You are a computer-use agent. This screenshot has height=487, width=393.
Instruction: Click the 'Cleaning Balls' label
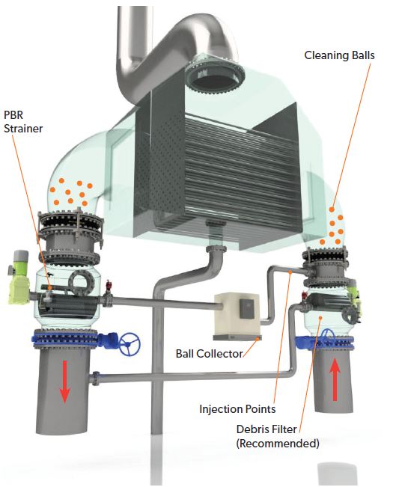339,55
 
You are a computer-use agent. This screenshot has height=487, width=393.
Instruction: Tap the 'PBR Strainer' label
23,121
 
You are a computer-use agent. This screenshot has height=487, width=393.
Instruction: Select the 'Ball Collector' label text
209,353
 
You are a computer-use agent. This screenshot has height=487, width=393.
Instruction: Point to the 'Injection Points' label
237,408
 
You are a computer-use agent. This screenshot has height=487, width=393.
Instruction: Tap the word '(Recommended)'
278,443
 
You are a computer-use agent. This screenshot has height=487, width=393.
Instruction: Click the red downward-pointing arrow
64,382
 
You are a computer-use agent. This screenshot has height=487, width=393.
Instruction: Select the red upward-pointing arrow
335,379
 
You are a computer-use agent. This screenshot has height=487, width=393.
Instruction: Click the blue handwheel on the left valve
130,344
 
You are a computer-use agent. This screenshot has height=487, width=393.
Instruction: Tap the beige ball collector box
238,313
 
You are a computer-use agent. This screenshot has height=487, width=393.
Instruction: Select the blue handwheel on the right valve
326,335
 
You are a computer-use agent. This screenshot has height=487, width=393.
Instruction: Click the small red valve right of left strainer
109,285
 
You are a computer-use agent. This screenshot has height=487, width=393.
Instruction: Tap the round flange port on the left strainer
82,282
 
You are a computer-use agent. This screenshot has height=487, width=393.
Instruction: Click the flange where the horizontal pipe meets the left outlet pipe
96,379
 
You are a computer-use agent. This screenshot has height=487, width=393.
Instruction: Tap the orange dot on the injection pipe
290,272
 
